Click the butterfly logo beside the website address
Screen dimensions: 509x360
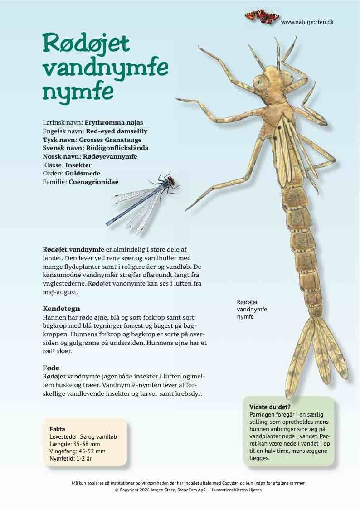tap(262, 17)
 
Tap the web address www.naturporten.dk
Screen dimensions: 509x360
tap(307, 21)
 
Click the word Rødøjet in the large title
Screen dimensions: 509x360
tap(86, 44)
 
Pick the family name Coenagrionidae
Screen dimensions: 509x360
tap(93, 182)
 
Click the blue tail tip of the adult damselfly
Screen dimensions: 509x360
tap(110, 223)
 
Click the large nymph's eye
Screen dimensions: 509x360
tap(263, 82)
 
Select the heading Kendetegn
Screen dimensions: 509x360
tap(61, 309)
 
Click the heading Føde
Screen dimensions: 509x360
tap(51, 368)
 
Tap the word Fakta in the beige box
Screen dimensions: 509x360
tap(57, 429)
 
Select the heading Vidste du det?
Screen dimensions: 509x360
tap(270, 407)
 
